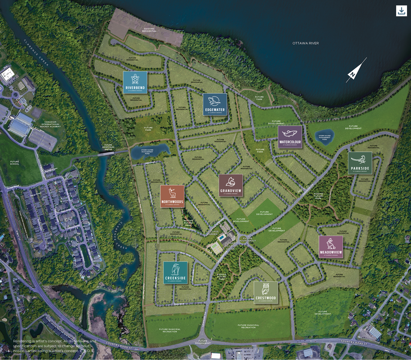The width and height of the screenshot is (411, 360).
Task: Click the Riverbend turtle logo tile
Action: (x=135, y=82)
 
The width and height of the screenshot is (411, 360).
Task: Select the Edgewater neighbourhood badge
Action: (x=215, y=104)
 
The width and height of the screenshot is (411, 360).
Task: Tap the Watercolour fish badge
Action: (x=290, y=137)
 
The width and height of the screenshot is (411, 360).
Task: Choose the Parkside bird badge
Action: (x=360, y=163)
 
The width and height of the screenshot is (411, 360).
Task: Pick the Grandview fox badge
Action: (x=231, y=186)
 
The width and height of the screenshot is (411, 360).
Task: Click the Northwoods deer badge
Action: (x=172, y=196)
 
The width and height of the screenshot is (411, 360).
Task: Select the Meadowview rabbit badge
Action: (x=331, y=247)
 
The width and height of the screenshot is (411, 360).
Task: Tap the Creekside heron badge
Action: (x=175, y=273)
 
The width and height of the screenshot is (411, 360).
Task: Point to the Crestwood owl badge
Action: (x=266, y=292)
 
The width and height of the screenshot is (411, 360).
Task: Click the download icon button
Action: (x=402, y=11)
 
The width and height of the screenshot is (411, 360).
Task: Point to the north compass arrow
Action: (x=356, y=70)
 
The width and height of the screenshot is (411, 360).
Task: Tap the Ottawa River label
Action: (x=305, y=43)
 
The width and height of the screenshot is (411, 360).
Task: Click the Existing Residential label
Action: (x=149, y=30)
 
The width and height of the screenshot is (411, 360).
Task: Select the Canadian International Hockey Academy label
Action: (x=51, y=124)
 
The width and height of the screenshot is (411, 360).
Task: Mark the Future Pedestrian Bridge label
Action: (x=108, y=147)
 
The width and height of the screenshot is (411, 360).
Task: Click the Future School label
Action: (x=15, y=163)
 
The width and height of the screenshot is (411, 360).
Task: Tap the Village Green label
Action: (x=213, y=233)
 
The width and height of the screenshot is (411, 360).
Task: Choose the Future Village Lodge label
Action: (x=230, y=246)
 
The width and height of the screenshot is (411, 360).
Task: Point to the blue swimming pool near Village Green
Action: (x=221, y=238)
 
